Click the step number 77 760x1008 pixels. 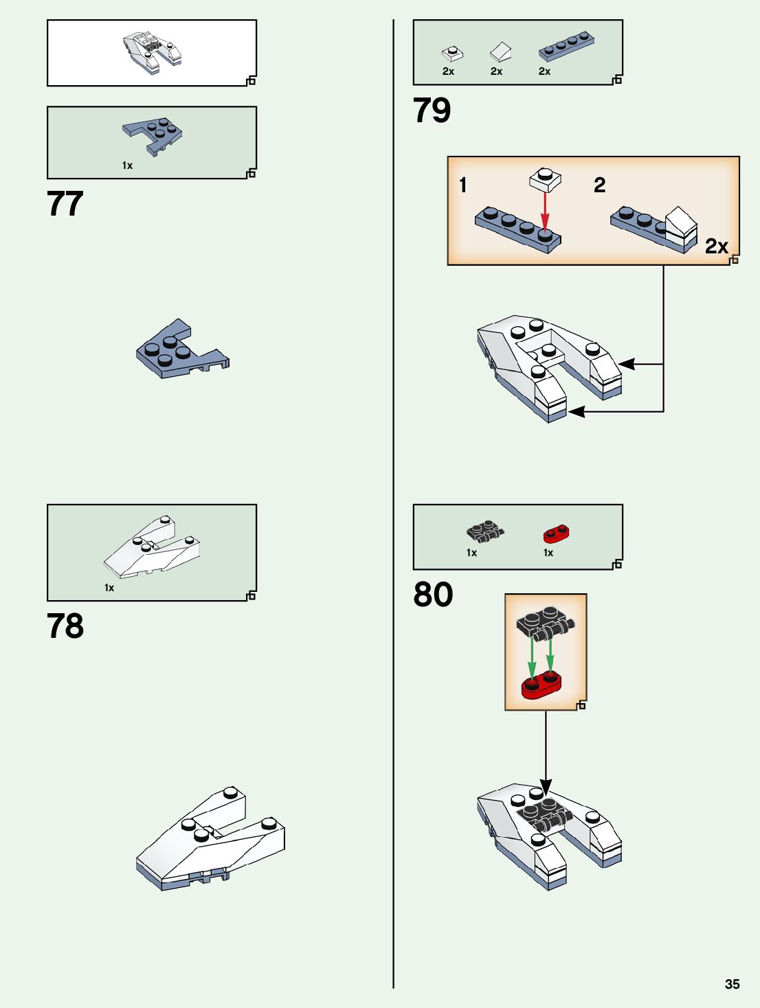coord(65,204)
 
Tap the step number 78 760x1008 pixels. coord(65,626)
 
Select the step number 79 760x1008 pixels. coord(432,111)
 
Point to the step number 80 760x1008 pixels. coord(433,595)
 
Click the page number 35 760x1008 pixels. coord(732,984)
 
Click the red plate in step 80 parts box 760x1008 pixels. coord(556,534)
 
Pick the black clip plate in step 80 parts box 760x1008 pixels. coord(485,531)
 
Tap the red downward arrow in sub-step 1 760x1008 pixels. coord(545,211)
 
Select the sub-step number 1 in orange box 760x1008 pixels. coord(463,185)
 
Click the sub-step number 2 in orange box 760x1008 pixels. coord(599,185)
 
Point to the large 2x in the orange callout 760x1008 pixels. coord(716,246)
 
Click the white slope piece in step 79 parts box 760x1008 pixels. coord(500,52)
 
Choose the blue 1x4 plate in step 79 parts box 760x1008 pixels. coord(566,46)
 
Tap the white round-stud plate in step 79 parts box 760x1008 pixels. coord(451,53)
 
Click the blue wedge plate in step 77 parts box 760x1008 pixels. coord(153,134)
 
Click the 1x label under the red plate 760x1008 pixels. coord(548,553)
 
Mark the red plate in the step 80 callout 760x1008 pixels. coord(541,684)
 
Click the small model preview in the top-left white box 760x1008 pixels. coord(152,51)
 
